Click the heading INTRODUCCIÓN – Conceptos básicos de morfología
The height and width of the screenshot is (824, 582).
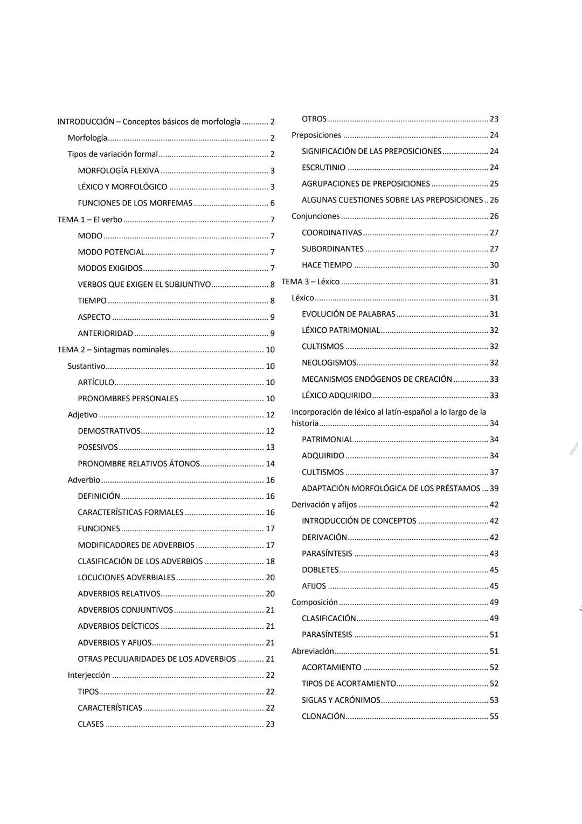click(149, 122)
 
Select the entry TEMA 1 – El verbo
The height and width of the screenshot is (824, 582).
click(89, 219)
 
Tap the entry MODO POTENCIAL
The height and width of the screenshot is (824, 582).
click(111, 252)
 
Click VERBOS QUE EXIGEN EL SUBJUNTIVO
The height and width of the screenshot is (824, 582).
click(144, 284)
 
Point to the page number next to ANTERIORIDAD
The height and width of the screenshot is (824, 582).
click(272, 333)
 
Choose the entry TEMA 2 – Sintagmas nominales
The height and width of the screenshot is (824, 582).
click(113, 349)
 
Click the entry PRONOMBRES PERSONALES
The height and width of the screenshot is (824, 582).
click(128, 399)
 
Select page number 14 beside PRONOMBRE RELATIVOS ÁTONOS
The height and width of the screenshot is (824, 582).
click(270, 464)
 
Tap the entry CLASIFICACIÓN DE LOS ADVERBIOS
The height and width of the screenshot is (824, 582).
click(140, 561)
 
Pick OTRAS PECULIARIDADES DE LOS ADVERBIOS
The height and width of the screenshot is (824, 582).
click(157, 659)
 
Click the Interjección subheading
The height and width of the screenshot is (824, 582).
click(88, 675)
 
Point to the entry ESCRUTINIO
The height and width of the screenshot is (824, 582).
click(323, 168)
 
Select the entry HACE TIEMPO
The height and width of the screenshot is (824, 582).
click(327, 265)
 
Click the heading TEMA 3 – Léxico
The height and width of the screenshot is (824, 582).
click(310, 281)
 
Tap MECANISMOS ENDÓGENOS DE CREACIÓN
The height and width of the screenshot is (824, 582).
click(377, 379)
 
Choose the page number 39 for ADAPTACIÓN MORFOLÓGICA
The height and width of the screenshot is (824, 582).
click(494, 489)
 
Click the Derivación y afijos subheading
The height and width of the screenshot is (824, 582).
click(324, 505)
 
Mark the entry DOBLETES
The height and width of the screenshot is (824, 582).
click(320, 570)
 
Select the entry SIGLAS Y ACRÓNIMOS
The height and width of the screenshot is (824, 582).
click(341, 700)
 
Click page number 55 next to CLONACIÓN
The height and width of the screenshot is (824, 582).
click(494, 716)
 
